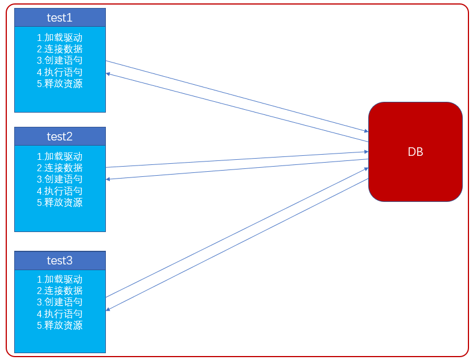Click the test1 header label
(60, 18)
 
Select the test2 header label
(60, 136)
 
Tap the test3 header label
(60, 260)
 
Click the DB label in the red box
(416, 152)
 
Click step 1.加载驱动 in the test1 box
(60, 38)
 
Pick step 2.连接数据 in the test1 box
(60, 49)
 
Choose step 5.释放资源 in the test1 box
(60, 84)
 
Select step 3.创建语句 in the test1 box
(60, 60)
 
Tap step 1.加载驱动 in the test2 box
(60, 156)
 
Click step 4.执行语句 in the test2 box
(60, 191)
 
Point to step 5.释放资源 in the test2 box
(60, 202)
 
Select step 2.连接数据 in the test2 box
(60, 168)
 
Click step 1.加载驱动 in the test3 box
(60, 279)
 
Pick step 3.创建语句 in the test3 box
(60, 302)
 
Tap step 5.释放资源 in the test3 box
(60, 325)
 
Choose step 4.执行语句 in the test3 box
(60, 314)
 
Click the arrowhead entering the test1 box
(108, 73)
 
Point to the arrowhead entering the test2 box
(108, 179)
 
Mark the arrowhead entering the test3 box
(108, 309)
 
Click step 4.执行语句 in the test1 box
(60, 72)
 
